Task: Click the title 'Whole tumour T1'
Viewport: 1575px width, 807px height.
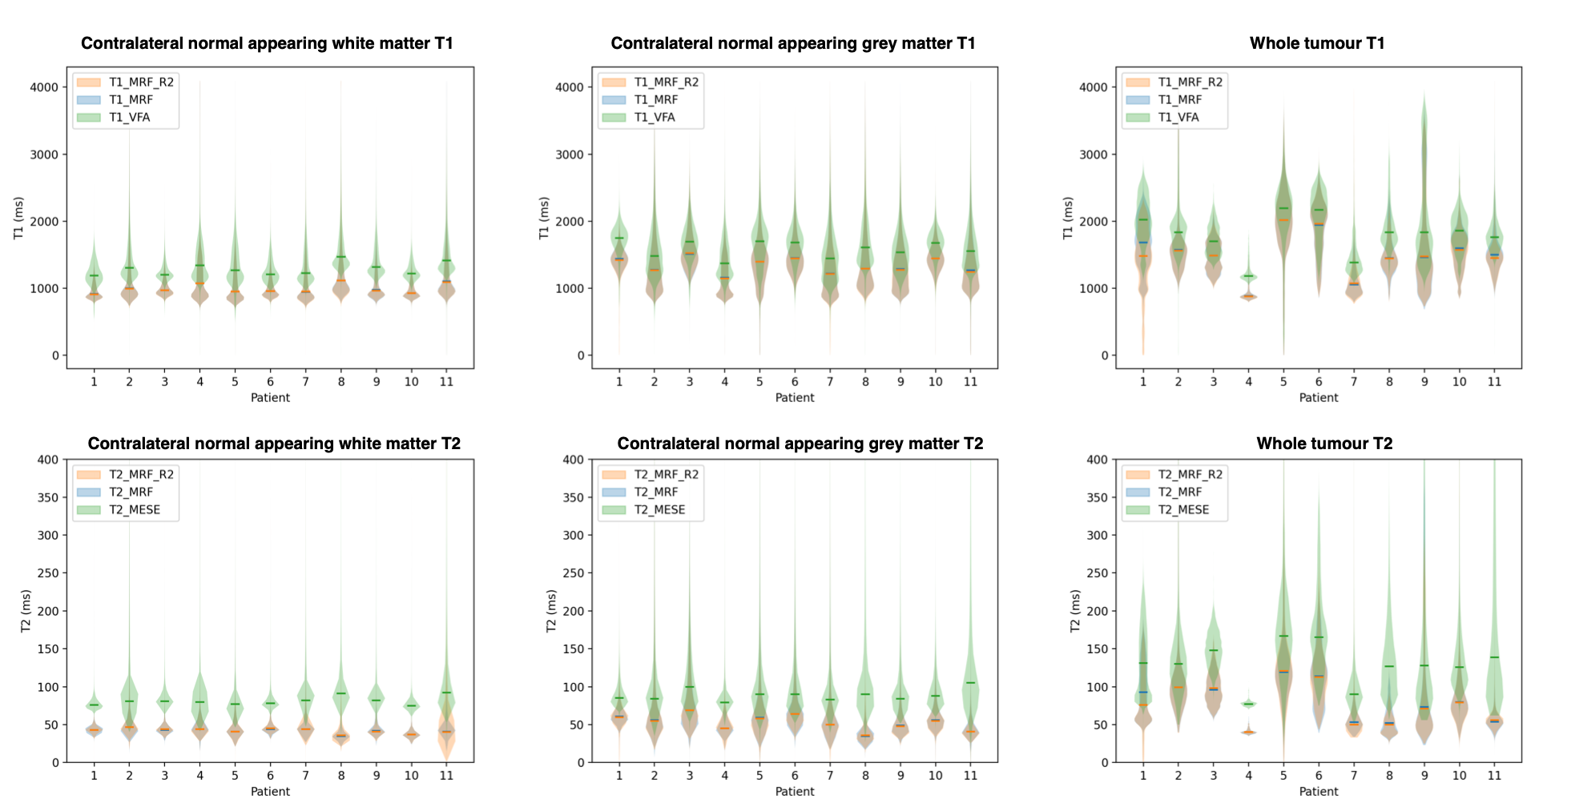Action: click(x=1317, y=43)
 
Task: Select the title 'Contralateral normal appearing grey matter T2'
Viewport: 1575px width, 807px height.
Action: click(x=800, y=444)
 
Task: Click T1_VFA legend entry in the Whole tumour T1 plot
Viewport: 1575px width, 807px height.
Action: click(x=1178, y=118)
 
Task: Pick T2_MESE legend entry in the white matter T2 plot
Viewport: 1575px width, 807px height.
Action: click(x=135, y=510)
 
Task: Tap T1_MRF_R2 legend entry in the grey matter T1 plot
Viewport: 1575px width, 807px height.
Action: click(x=666, y=82)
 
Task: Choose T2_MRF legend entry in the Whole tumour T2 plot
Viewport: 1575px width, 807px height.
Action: click(x=1180, y=492)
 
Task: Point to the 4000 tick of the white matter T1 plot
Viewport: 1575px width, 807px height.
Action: click(x=44, y=87)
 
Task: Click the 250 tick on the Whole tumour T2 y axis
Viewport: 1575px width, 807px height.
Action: click(x=1097, y=573)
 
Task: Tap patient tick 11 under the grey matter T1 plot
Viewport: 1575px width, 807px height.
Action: click(x=970, y=382)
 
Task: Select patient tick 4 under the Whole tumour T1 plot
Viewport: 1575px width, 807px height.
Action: click(x=1248, y=382)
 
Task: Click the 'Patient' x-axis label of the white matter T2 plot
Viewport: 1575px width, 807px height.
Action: click(x=270, y=792)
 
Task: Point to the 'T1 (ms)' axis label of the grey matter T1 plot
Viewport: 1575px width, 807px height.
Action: click(x=544, y=218)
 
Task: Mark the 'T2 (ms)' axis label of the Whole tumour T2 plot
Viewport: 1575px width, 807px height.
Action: click(x=1075, y=611)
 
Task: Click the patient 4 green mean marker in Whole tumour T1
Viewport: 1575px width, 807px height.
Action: click(x=1248, y=276)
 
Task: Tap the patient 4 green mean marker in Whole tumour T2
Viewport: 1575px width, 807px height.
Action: click(x=1248, y=704)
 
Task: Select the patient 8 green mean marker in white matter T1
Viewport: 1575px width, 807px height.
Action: click(x=341, y=257)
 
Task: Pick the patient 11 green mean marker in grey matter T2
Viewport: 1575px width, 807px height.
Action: click(x=970, y=683)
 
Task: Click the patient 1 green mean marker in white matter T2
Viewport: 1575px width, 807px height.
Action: click(x=95, y=705)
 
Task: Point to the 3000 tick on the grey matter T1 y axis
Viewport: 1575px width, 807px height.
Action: click(x=570, y=155)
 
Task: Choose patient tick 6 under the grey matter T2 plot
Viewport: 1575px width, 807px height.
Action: click(x=795, y=776)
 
